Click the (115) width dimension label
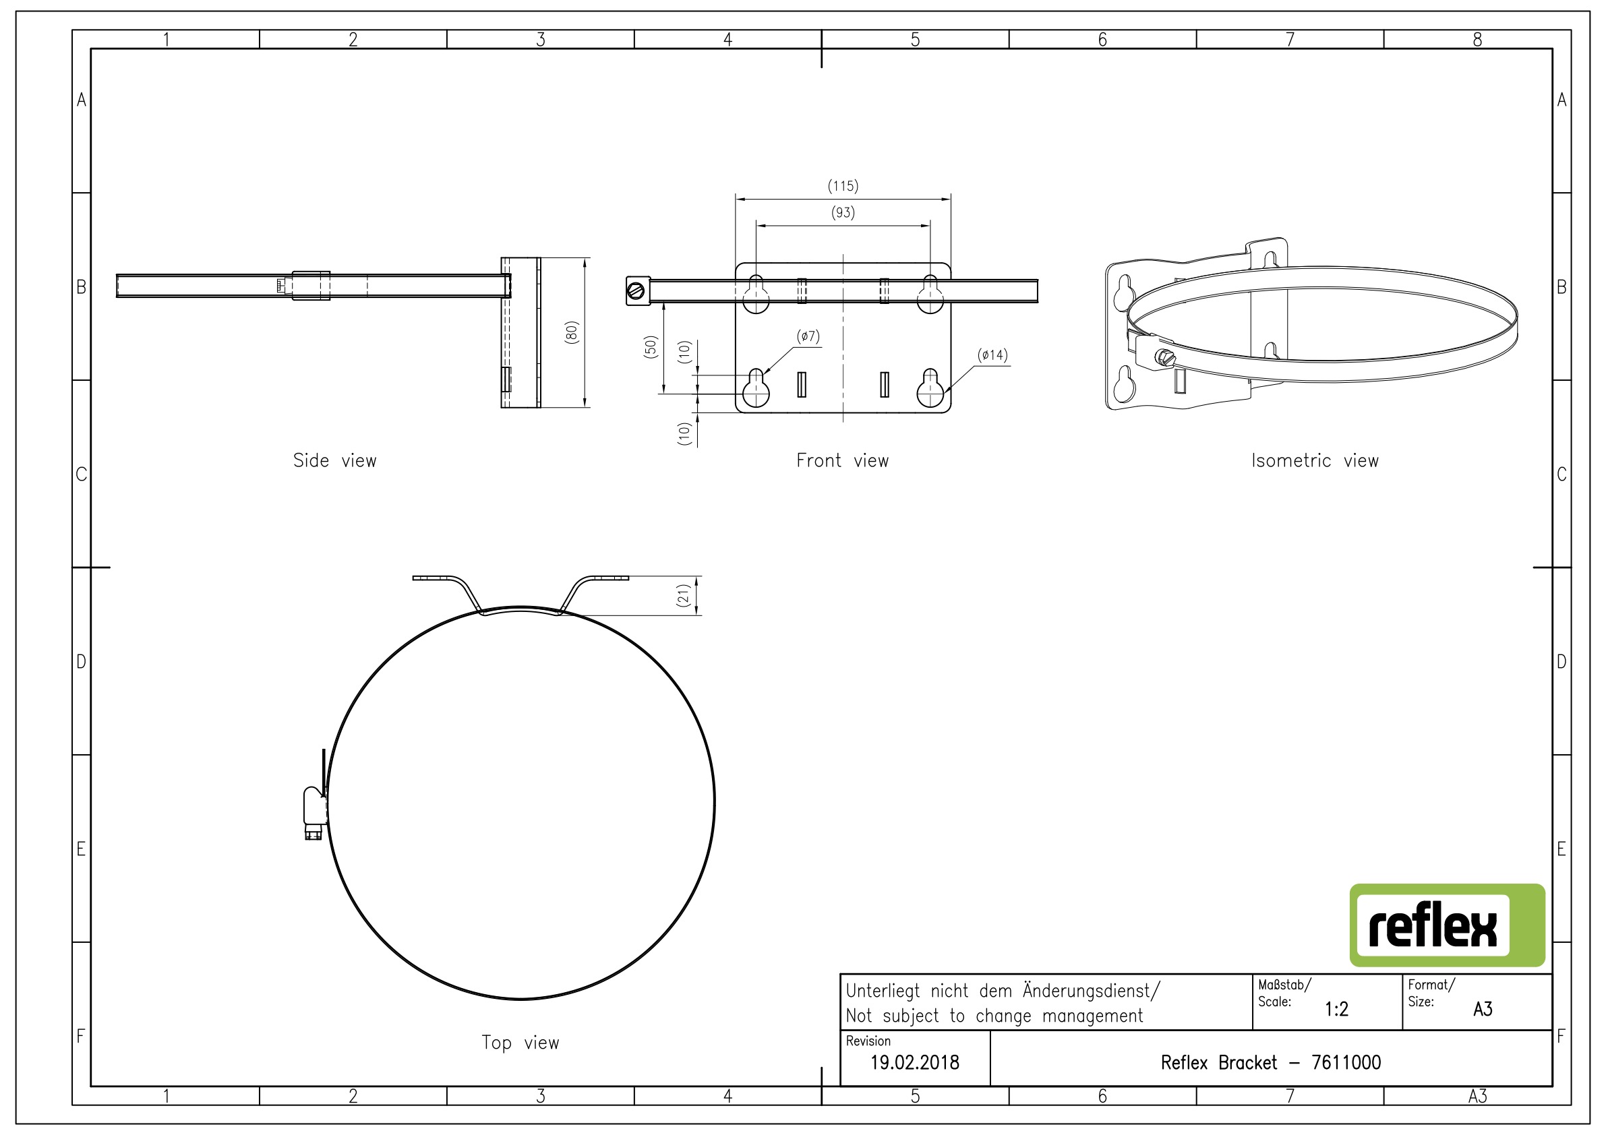point(843,186)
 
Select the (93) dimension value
point(843,212)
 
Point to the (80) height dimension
point(572,332)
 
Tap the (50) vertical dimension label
point(651,347)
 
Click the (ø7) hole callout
point(808,336)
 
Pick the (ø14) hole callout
point(992,355)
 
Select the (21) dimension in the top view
point(684,596)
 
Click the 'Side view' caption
point(335,460)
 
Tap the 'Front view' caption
point(843,460)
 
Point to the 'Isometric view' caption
point(1315,460)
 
